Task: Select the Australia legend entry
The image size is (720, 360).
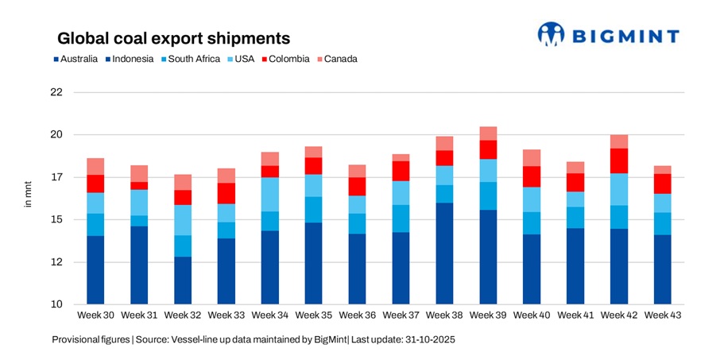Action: tap(75, 59)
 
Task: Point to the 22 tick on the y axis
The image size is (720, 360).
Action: tap(56, 92)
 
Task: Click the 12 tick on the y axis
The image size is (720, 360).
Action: tap(56, 262)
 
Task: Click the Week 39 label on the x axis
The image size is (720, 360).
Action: tap(489, 315)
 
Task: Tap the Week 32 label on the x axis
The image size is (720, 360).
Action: tap(183, 315)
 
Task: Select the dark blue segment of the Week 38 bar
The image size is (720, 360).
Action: tap(445, 254)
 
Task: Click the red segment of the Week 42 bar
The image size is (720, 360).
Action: tap(620, 161)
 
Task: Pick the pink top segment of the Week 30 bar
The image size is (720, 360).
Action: tap(95, 166)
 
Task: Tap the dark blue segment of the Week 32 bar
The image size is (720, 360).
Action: tap(183, 281)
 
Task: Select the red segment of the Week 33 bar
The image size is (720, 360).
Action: tap(226, 193)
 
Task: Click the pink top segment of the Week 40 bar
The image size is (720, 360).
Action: tap(532, 157)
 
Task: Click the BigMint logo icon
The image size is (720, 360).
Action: tap(551, 33)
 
